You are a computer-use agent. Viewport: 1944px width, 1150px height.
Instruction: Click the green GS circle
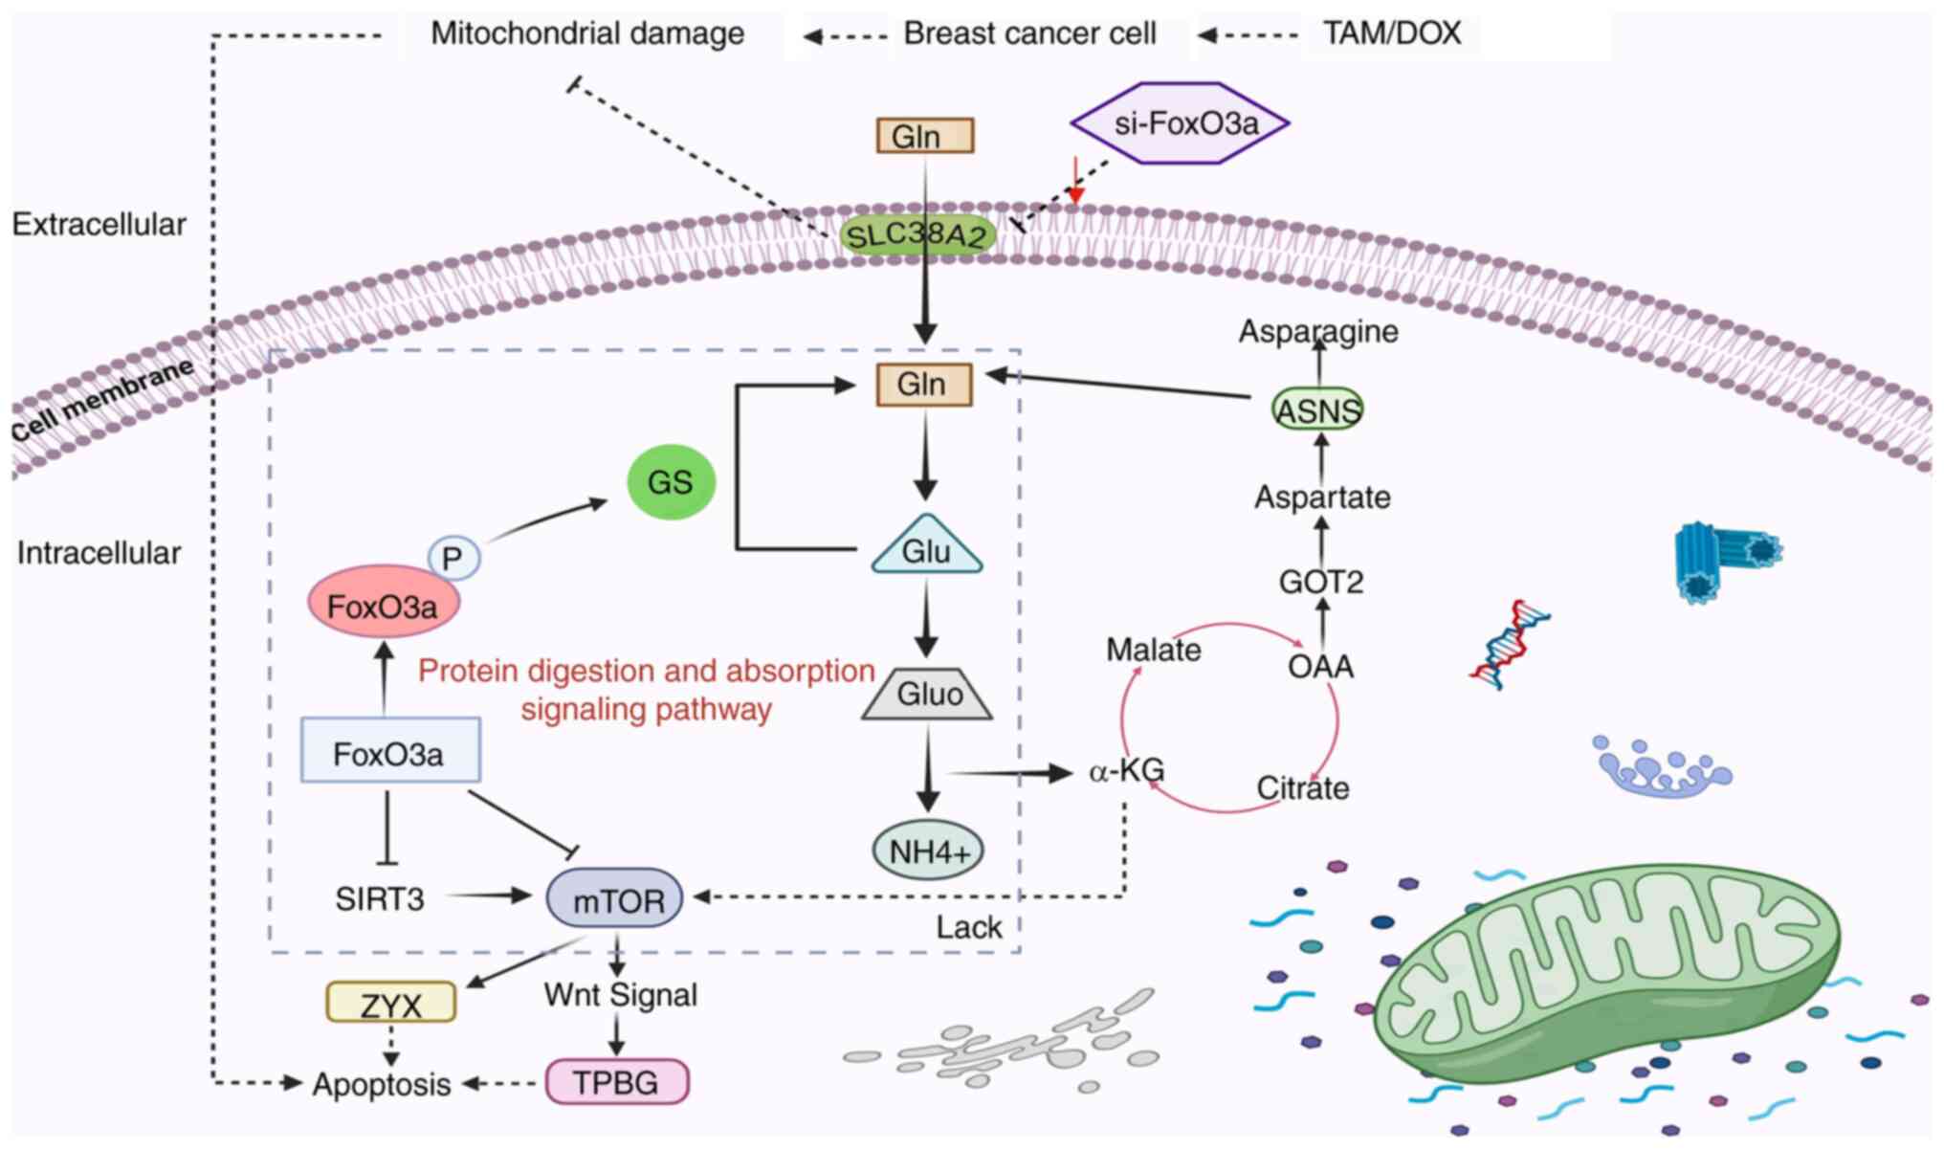point(670,481)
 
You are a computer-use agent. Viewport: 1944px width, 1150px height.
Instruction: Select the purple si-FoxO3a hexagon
point(1180,123)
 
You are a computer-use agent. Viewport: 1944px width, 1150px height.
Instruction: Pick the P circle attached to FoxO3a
point(453,558)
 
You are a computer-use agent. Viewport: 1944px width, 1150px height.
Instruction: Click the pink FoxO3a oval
point(383,604)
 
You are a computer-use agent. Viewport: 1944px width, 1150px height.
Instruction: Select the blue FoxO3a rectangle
point(389,751)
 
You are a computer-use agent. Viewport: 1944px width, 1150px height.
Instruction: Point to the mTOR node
point(615,898)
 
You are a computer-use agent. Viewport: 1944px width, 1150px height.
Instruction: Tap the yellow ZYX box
point(390,1004)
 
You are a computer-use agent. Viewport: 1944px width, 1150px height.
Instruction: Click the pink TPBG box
point(616,1082)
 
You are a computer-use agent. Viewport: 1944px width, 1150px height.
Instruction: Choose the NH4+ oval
point(928,851)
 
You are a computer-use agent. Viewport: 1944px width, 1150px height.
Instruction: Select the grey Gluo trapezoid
point(927,693)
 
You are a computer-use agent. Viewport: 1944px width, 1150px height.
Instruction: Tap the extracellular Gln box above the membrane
point(924,136)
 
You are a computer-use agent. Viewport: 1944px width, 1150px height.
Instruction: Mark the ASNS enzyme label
point(1317,410)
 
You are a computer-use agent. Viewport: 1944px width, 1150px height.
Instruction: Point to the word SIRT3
point(379,898)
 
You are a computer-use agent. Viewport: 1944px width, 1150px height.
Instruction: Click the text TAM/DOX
point(1391,33)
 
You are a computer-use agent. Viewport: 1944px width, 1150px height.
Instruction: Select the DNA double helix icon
point(1510,644)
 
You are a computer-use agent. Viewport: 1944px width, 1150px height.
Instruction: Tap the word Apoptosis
point(382,1084)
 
